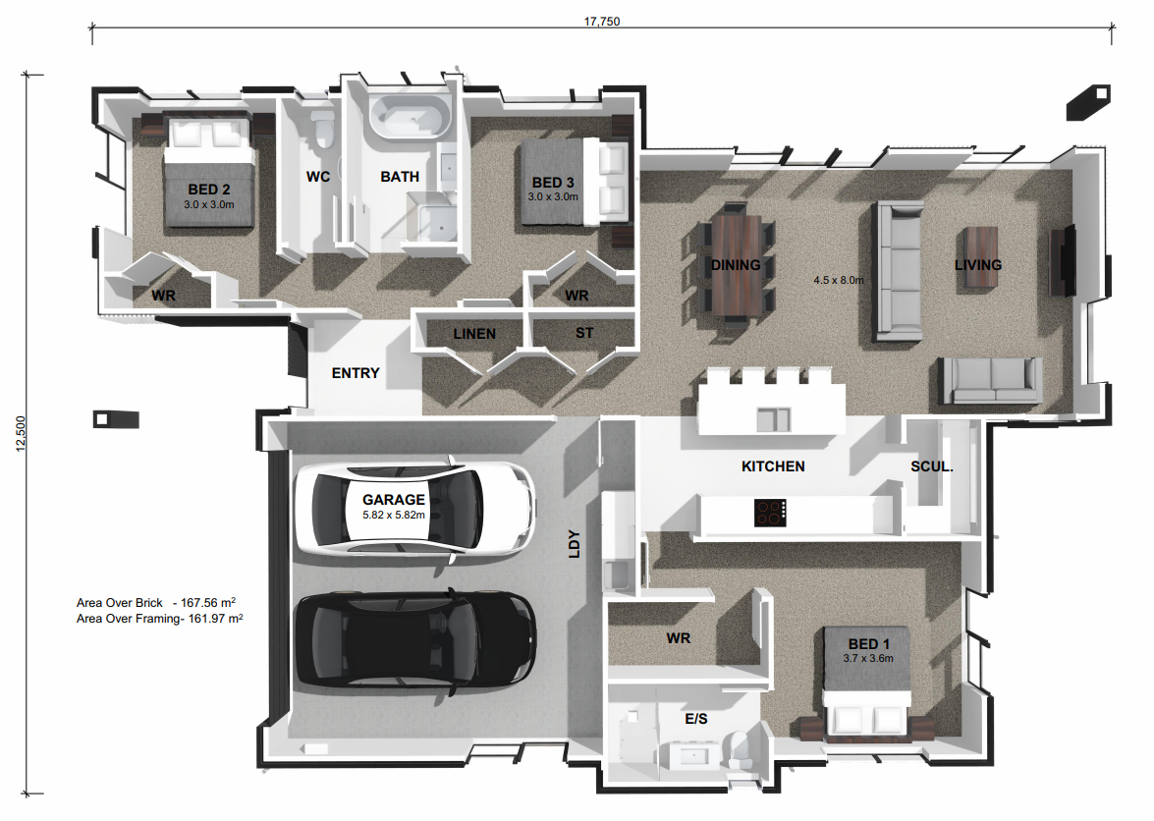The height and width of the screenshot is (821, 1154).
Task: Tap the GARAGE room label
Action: pos(393,500)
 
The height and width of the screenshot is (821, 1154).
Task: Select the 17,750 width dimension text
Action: pos(603,21)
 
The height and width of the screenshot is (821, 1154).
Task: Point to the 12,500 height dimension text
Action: pos(21,433)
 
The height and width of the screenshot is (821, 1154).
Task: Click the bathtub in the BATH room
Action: pos(410,118)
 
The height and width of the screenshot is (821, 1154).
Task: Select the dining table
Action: pos(738,264)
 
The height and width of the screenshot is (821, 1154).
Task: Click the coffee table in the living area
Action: pos(980,257)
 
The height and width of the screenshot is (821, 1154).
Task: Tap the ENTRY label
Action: pos(355,373)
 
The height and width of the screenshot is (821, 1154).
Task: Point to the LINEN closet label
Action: pos(474,334)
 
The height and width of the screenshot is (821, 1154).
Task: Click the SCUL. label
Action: pos(931,466)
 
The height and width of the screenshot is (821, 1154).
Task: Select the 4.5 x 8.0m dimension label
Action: pos(838,280)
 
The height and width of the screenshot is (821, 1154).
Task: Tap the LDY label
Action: pos(575,545)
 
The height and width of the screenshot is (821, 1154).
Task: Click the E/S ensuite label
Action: pos(696,720)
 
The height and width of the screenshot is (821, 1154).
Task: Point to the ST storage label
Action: pos(583,334)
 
